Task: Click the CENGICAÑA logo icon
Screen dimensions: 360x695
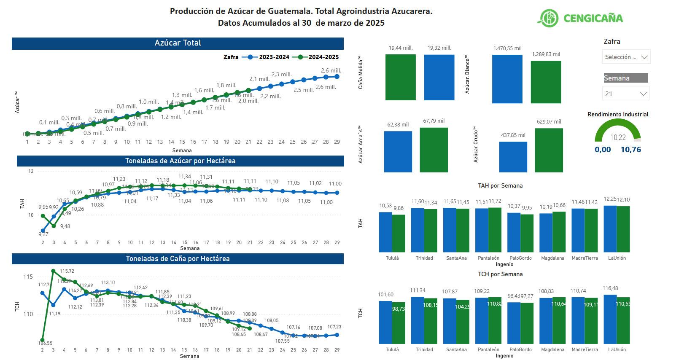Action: (x=547, y=18)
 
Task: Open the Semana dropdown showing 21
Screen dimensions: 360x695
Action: (x=626, y=94)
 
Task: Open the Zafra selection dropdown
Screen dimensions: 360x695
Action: (x=626, y=57)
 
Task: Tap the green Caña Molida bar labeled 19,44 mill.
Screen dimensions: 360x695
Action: (x=400, y=77)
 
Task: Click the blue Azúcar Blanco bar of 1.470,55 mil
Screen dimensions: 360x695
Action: (x=507, y=79)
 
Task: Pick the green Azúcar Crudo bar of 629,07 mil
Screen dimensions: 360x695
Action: (x=549, y=150)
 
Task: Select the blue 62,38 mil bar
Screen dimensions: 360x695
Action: (x=398, y=151)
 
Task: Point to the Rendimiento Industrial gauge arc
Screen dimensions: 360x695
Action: (x=617, y=126)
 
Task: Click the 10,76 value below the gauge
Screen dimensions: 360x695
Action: (x=630, y=150)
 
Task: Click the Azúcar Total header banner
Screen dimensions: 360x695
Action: (x=178, y=43)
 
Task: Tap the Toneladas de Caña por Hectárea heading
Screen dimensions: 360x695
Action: (x=178, y=258)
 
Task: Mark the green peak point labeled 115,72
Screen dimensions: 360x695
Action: (x=53, y=271)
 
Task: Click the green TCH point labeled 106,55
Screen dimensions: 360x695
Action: (x=43, y=340)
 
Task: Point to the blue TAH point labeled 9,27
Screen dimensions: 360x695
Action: (x=43, y=231)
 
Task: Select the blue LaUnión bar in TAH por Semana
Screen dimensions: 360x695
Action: (x=610, y=229)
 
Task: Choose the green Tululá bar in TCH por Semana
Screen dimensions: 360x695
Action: (x=399, y=323)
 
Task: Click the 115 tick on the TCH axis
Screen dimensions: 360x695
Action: (x=28, y=277)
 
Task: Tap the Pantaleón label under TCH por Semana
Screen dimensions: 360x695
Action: (x=488, y=349)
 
